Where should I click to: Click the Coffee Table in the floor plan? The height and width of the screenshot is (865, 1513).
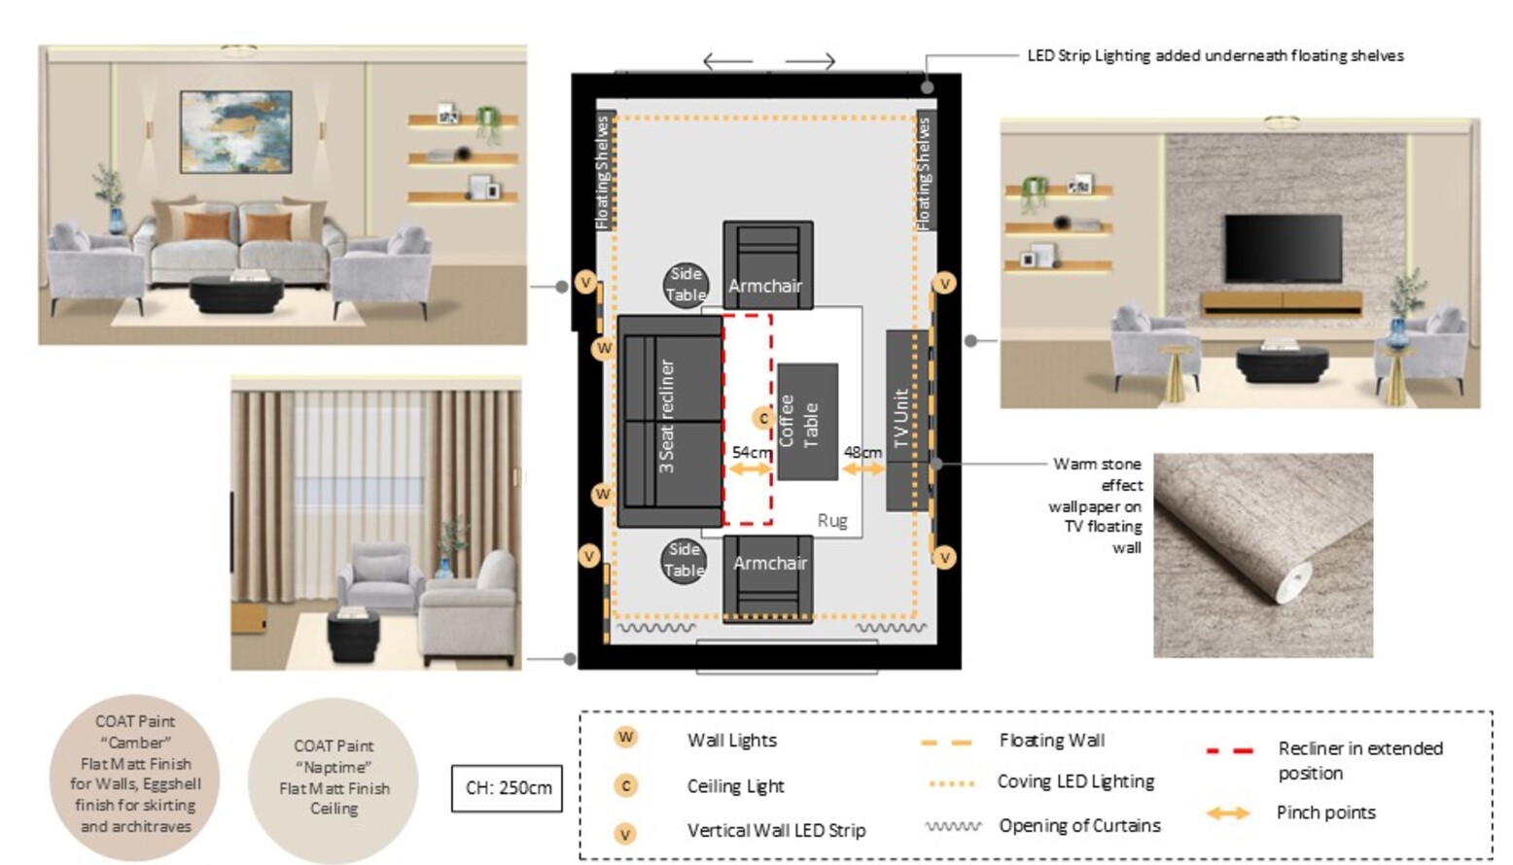(807, 422)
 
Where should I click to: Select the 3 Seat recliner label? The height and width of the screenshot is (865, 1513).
(666, 416)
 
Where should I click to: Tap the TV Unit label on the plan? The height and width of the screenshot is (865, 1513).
(901, 419)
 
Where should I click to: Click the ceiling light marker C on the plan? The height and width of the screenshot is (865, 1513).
(763, 419)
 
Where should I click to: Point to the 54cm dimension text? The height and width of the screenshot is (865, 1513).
(752, 452)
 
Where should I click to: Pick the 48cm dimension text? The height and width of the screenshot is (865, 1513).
(862, 452)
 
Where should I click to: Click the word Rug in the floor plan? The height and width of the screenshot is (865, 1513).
(832, 521)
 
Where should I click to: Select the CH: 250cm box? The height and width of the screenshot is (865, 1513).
(508, 788)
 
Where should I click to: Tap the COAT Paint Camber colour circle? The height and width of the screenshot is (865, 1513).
(135, 778)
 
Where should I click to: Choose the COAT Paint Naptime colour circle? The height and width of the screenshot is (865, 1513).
(334, 780)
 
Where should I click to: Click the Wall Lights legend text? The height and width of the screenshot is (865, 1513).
(732, 740)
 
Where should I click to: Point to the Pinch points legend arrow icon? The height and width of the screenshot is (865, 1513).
(1228, 813)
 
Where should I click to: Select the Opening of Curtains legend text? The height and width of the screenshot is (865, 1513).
(1080, 826)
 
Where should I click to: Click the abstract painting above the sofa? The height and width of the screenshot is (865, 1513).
(235, 131)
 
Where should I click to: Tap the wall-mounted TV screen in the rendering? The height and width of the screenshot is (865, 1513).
(1284, 249)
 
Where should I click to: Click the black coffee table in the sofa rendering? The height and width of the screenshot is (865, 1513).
(236, 294)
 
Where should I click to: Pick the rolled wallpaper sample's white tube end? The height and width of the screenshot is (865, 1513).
(1293, 581)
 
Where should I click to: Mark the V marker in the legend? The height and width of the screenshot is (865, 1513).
(625, 834)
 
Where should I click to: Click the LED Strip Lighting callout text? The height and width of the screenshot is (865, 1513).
(1215, 55)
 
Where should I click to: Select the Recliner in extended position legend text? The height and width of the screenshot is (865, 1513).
(1359, 760)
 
